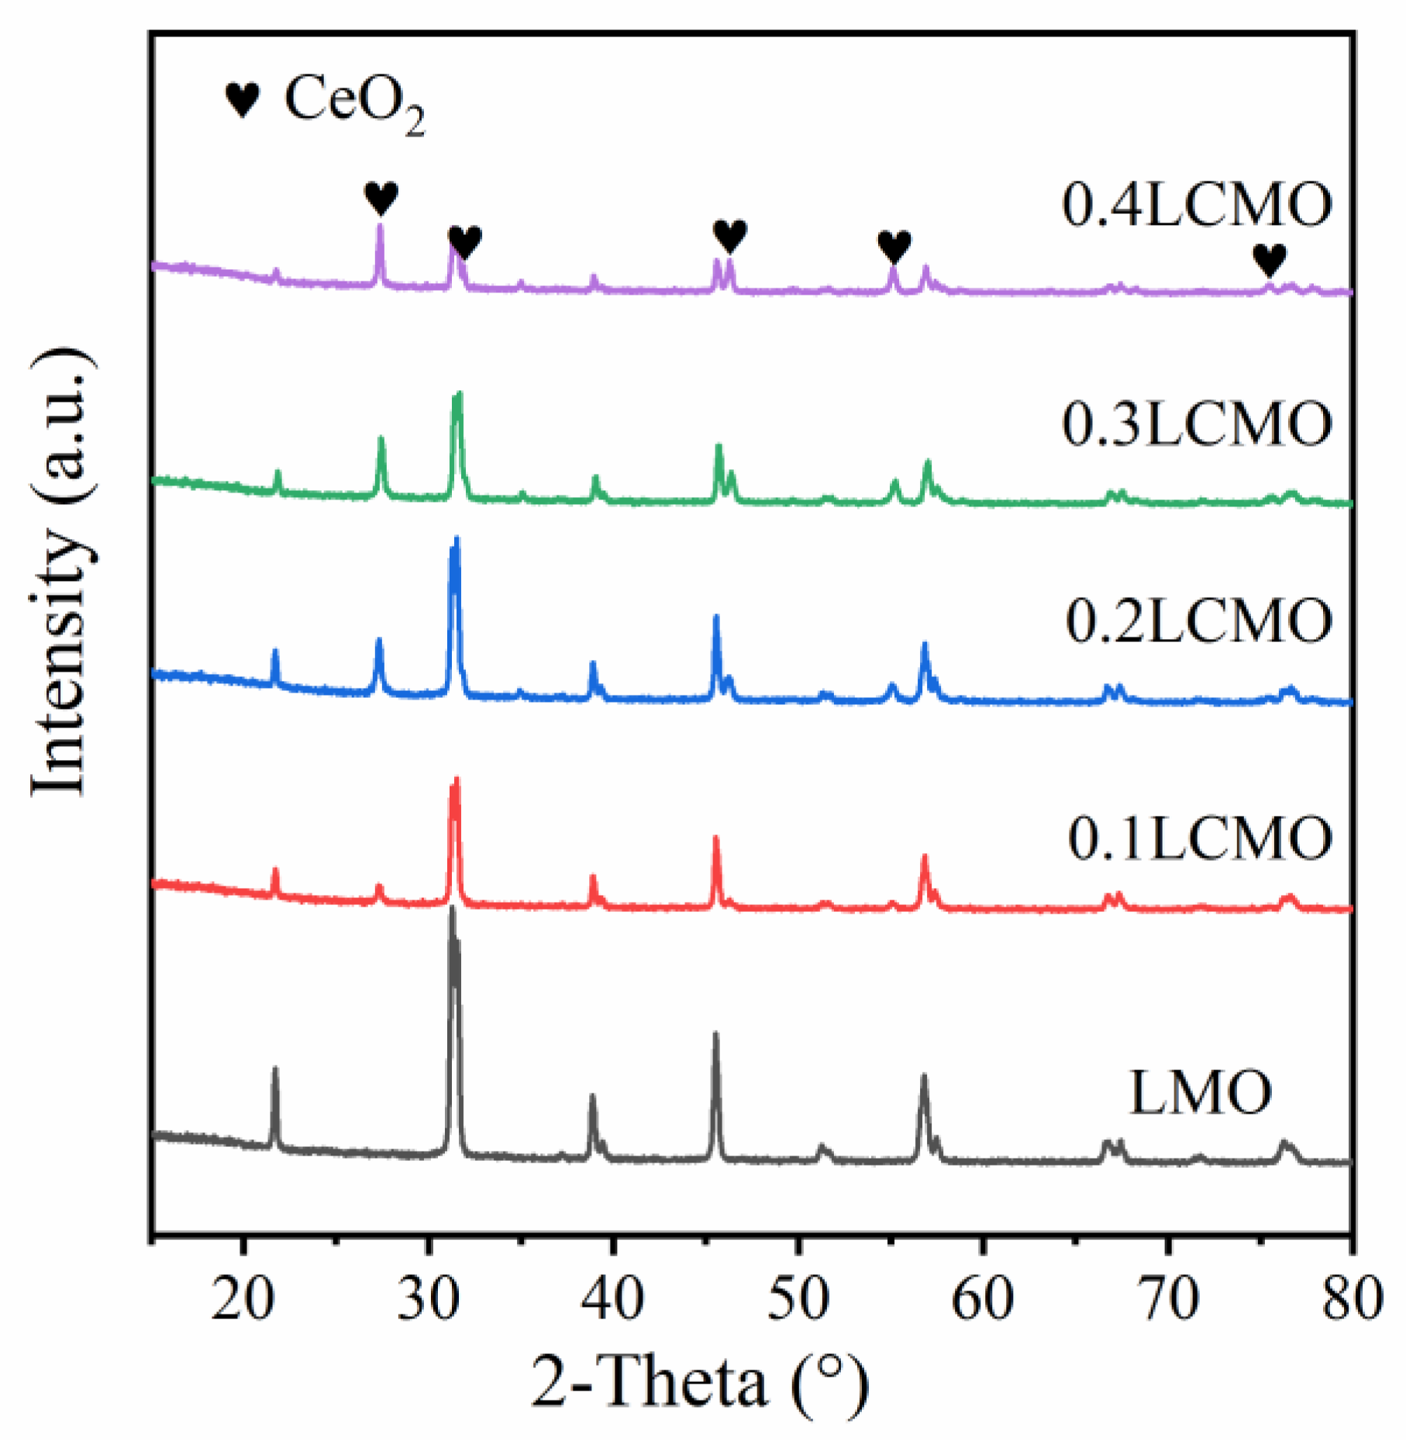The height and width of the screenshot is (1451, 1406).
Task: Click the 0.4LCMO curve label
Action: coord(1197,206)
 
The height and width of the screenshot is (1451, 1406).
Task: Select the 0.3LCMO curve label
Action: coord(1197,424)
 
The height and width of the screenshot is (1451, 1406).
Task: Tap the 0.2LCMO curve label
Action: coord(1198,621)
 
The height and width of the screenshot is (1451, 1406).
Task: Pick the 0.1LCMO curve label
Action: coord(1200,838)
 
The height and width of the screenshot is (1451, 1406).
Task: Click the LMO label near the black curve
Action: coord(1200,1093)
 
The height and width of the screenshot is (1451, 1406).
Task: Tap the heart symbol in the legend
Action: coord(242,100)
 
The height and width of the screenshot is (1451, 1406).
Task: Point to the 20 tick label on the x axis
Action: coord(243,1298)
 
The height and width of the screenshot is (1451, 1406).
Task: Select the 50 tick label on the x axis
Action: coord(798,1298)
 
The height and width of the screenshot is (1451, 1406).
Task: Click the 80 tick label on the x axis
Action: coord(1353,1298)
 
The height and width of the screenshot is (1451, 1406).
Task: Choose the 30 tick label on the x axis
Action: coord(428,1298)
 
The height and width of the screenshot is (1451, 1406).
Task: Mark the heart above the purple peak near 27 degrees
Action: coord(381,199)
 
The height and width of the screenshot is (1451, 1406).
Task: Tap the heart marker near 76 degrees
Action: coord(1270,260)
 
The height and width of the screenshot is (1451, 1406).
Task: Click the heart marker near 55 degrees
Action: coord(894,247)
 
